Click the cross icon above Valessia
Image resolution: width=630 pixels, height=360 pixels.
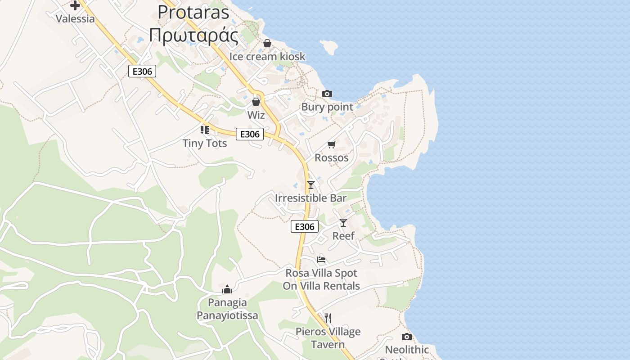click(75, 5)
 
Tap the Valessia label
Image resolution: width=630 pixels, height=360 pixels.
click(75, 18)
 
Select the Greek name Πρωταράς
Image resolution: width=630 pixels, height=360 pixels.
click(193, 35)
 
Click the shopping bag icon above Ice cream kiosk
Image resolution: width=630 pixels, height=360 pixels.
click(267, 43)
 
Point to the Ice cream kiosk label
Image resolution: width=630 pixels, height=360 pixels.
click(267, 56)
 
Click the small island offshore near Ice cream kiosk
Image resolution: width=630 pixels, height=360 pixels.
click(328, 47)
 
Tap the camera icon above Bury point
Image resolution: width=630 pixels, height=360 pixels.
click(327, 94)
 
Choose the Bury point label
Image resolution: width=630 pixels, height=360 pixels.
click(327, 107)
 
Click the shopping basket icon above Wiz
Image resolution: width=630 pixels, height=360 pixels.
click(256, 102)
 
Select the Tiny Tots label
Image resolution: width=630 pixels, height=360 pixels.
click(205, 143)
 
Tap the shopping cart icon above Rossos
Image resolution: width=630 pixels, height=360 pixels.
click(332, 144)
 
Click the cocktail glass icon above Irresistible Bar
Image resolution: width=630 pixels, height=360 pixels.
click(310, 184)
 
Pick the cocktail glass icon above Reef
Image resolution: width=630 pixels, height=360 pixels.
click(343, 222)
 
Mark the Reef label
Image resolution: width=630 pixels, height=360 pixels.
click(343, 235)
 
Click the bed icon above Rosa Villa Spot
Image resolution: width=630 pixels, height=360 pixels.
click(321, 259)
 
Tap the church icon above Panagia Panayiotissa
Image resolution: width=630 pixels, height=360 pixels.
click(227, 289)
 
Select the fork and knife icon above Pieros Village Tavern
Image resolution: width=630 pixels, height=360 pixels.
click(328, 318)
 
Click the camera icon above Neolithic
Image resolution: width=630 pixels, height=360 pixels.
click(406, 337)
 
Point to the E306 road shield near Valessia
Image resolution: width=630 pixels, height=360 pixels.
click(142, 71)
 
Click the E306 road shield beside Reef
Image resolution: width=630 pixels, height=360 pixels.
click(305, 226)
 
